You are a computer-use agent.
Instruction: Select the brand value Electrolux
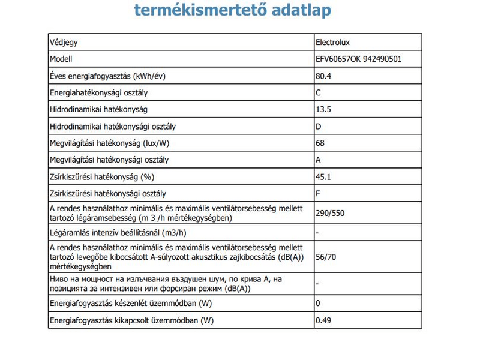(334, 43)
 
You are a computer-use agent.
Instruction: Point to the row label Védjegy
(63, 43)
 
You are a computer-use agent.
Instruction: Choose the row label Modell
(61, 60)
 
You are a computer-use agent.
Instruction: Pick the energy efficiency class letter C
(319, 94)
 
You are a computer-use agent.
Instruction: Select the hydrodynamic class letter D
(319, 127)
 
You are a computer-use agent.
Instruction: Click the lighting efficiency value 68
(320, 144)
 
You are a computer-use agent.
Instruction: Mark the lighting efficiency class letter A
(319, 161)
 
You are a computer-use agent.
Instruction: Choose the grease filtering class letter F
(318, 194)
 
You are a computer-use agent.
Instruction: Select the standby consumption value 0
(318, 304)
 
